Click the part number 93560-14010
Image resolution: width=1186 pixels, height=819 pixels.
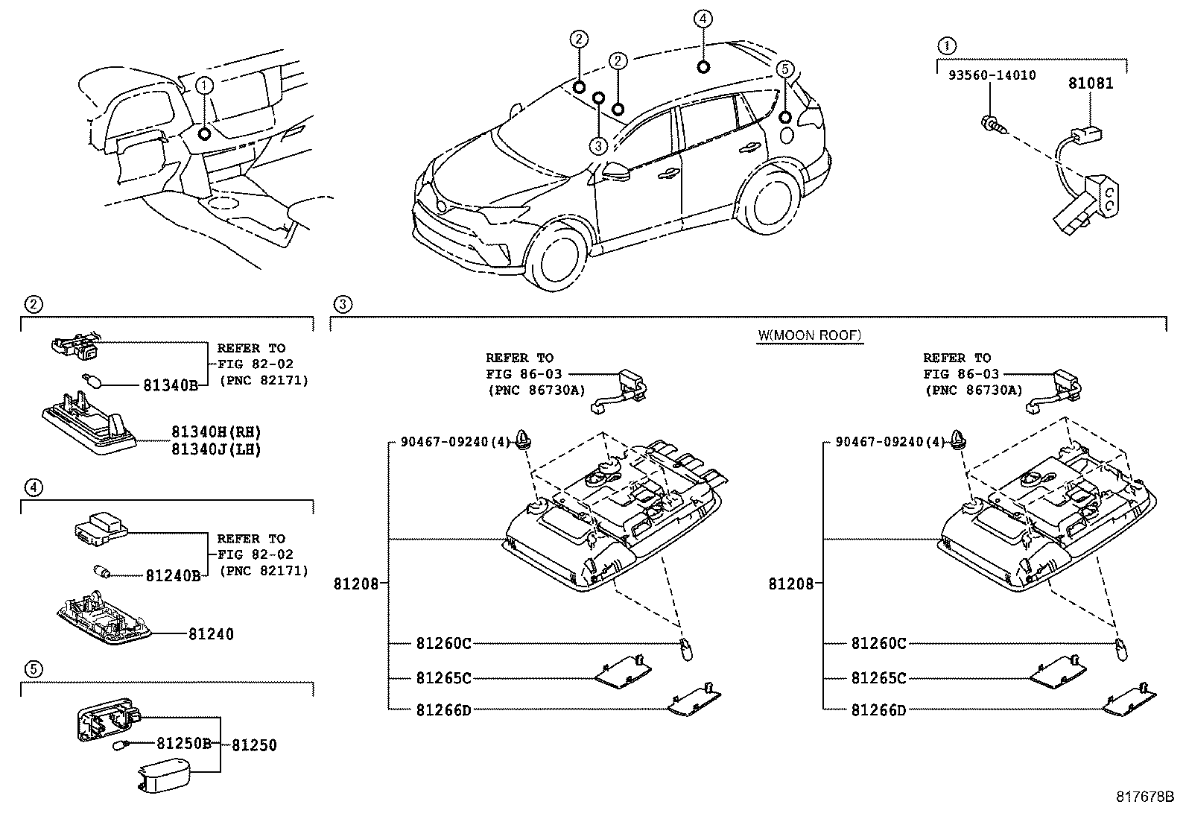992,75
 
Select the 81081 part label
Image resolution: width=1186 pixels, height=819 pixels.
1091,83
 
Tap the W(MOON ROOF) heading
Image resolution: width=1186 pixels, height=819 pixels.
810,335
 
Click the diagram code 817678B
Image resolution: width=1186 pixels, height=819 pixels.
1145,796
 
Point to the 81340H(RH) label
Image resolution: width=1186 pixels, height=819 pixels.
216,431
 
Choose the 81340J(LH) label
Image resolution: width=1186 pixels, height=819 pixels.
216,449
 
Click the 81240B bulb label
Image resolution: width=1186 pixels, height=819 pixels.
173,575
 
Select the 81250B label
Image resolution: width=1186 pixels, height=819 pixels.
184,743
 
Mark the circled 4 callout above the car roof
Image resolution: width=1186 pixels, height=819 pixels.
703,19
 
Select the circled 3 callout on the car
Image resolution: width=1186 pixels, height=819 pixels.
598,145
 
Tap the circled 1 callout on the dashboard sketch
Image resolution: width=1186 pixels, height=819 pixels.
204,85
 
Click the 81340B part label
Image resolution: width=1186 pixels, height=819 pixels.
171,385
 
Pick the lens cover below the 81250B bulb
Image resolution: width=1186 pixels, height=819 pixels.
164,776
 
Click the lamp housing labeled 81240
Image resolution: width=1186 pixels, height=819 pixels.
104,617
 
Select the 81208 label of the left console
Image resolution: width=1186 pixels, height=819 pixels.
356,584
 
